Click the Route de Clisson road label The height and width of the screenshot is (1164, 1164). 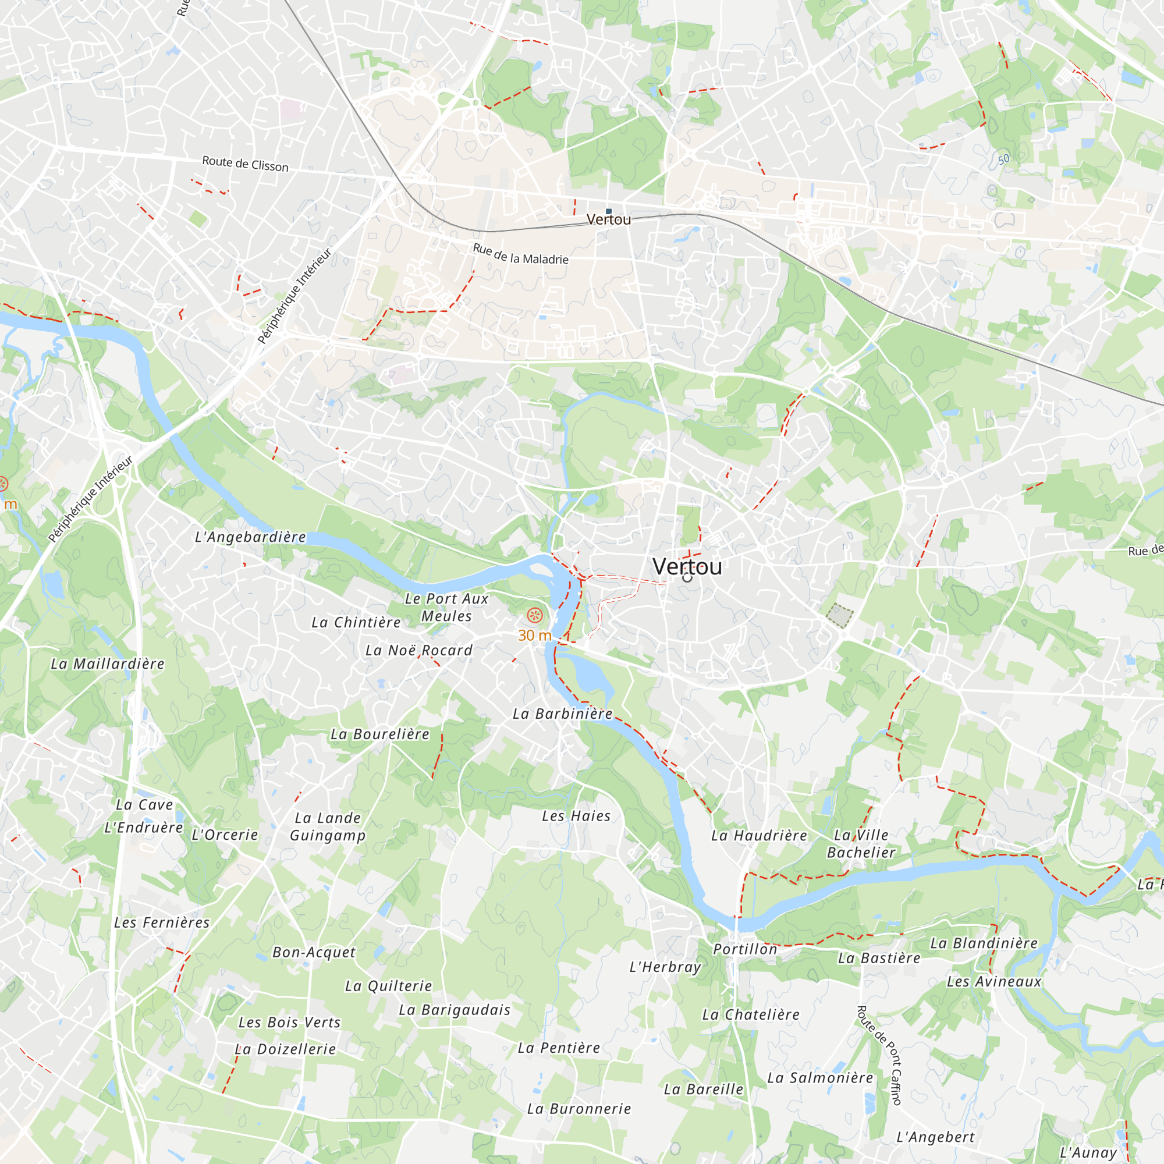click(x=244, y=164)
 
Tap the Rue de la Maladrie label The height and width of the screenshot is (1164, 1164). click(x=520, y=254)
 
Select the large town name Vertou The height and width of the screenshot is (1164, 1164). click(x=687, y=566)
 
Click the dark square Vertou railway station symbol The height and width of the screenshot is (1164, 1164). click(x=609, y=211)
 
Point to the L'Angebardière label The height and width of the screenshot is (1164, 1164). click(x=250, y=537)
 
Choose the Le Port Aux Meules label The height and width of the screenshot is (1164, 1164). click(x=446, y=607)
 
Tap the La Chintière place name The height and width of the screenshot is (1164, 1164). click(x=356, y=622)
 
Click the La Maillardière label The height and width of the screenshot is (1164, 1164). click(x=107, y=664)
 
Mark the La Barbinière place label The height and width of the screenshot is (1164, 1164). click(x=562, y=714)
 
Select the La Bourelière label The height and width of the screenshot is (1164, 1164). click(x=379, y=734)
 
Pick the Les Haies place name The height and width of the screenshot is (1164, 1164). click(x=576, y=817)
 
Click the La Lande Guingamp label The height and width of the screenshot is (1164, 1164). click(x=328, y=826)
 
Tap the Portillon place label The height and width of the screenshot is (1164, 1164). click(x=745, y=949)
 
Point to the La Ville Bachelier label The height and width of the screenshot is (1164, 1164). click(x=861, y=843)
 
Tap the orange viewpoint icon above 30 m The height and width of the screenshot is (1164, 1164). click(x=535, y=615)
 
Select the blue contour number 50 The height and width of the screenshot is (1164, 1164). click(x=1003, y=159)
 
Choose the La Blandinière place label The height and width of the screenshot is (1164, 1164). click(x=984, y=943)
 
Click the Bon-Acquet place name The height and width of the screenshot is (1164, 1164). click(x=314, y=953)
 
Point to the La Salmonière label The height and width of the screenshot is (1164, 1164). click(x=820, y=1078)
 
